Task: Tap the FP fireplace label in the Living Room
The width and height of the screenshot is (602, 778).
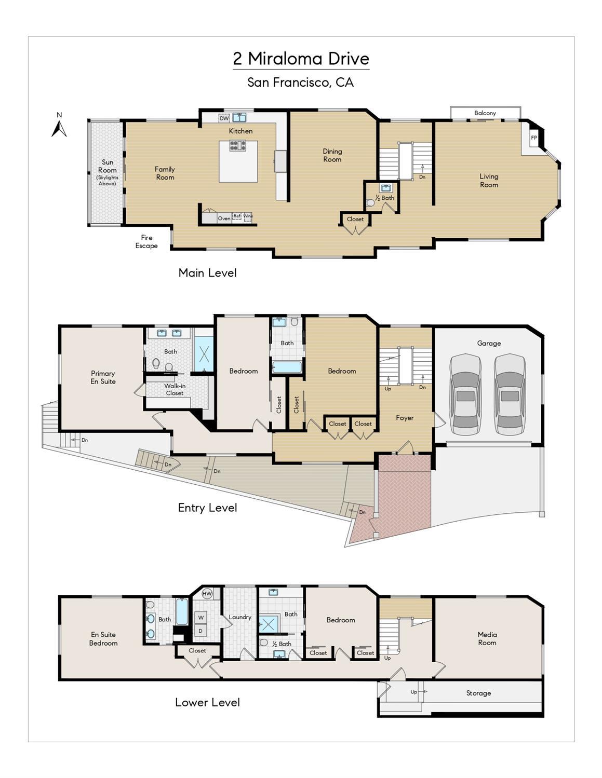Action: (x=533, y=138)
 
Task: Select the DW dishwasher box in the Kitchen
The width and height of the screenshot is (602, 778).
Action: (x=224, y=118)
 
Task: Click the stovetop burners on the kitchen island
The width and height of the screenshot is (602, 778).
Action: (x=239, y=145)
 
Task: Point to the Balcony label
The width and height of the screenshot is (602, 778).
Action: (x=485, y=113)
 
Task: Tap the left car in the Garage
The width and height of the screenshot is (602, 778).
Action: (x=465, y=394)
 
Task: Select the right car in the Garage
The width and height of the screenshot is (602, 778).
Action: (x=509, y=394)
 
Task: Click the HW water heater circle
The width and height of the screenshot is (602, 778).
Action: (x=207, y=594)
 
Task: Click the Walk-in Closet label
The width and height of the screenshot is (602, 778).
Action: (x=175, y=389)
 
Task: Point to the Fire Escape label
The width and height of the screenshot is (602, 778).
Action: (x=146, y=242)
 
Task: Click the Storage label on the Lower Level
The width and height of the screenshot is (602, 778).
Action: (x=478, y=693)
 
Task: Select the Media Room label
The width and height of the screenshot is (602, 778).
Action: (x=487, y=638)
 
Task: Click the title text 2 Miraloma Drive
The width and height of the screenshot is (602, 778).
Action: (x=301, y=59)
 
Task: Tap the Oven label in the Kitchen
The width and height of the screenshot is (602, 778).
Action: (x=224, y=219)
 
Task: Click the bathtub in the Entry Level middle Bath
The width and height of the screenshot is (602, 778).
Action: (x=286, y=367)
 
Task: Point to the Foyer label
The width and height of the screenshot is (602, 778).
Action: (x=404, y=418)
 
